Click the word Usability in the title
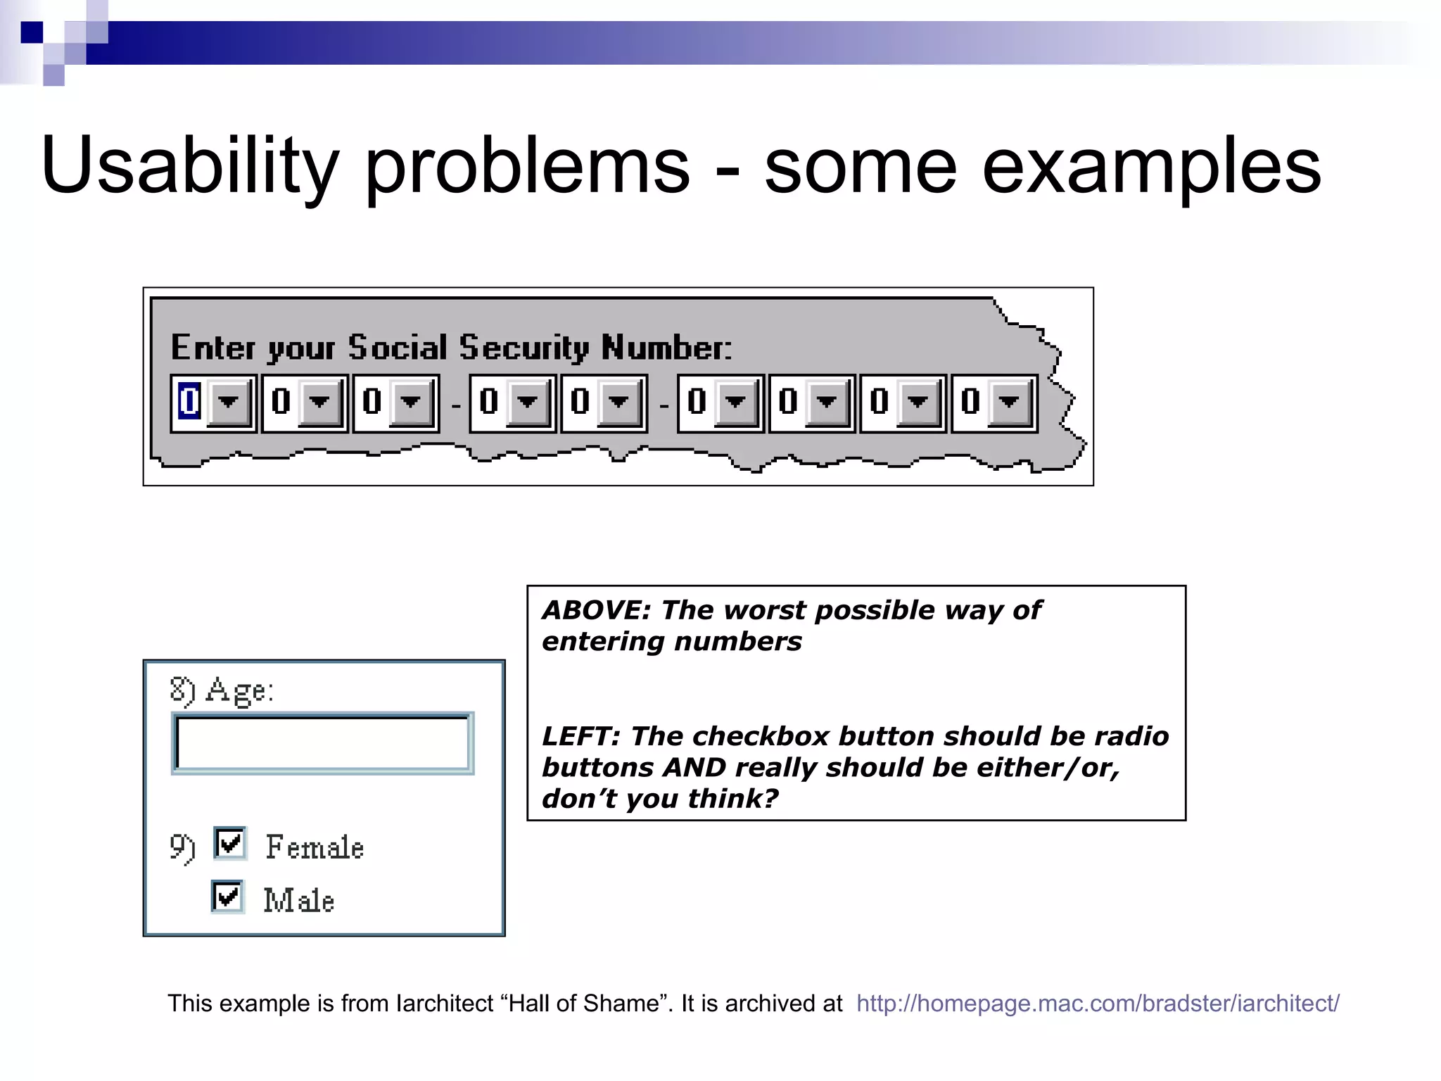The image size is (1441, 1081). [190, 166]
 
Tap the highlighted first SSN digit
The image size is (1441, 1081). [189, 402]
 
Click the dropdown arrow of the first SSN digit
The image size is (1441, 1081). [228, 402]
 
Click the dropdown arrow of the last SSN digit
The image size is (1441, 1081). [1009, 402]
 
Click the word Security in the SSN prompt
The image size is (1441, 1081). [523, 348]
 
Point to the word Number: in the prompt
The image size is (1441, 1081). [666, 348]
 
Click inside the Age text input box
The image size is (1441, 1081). [322, 743]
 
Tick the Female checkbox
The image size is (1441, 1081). [230, 843]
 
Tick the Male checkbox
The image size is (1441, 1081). [228, 897]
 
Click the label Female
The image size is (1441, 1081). [315, 847]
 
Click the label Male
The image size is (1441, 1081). [298, 901]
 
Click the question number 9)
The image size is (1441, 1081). [182, 847]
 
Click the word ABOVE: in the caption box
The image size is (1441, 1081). [597, 610]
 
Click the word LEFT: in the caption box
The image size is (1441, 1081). [581, 736]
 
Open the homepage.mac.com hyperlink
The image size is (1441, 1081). [1098, 1003]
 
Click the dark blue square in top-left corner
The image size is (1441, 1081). [32, 32]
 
